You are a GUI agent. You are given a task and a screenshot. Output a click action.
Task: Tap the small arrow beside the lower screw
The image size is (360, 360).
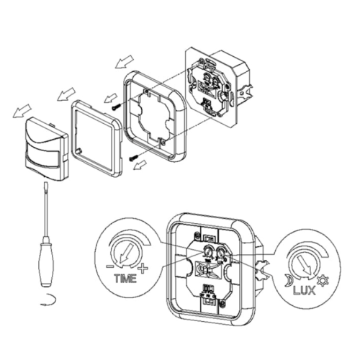[x=144, y=165]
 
